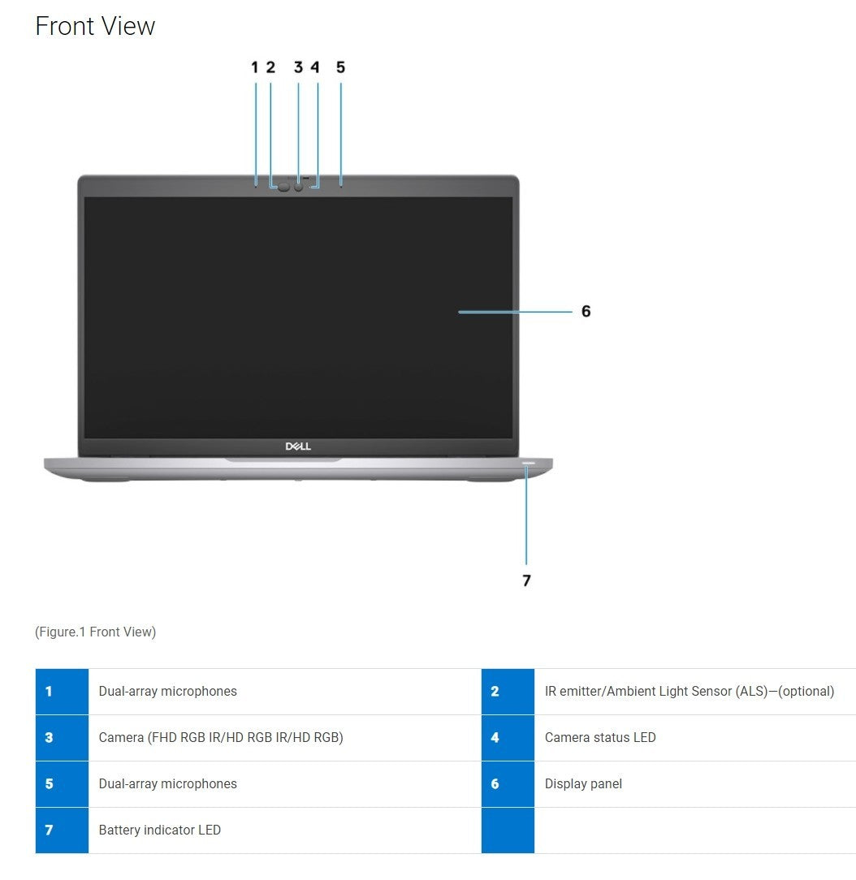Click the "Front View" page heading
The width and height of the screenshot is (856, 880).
[x=95, y=26]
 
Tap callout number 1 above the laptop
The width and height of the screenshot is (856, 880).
[x=255, y=67]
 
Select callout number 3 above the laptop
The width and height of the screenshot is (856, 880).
[x=298, y=67]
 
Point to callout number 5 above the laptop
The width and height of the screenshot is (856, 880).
[x=341, y=67]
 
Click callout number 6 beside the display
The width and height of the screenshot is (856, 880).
[x=586, y=311]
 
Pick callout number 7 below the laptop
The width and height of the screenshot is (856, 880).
[x=526, y=580]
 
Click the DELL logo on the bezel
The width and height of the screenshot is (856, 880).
[x=298, y=446]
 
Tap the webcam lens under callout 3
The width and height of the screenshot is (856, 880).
[x=298, y=187]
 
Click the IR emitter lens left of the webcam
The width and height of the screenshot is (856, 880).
[x=284, y=187]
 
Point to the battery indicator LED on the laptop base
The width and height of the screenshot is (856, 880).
[x=528, y=464]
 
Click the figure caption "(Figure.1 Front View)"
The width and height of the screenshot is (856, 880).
[x=95, y=632]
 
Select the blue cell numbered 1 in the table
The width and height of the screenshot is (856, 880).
[x=62, y=692]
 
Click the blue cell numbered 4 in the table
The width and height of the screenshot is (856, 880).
[x=508, y=737]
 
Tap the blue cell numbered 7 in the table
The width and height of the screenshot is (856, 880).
[x=62, y=830]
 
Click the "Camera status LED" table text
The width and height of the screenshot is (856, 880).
[x=600, y=737]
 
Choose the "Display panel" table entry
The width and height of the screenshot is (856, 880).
[x=583, y=784]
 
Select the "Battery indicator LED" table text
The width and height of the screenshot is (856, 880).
[x=159, y=830]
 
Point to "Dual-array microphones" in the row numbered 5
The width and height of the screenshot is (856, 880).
[x=168, y=784]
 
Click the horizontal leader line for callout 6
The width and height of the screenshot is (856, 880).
[x=515, y=312]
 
